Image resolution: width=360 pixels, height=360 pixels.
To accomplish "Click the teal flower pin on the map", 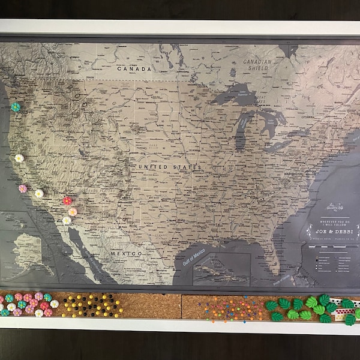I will [16, 107].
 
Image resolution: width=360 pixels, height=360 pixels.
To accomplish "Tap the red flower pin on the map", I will [67, 200].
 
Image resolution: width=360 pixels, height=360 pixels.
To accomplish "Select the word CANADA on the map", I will [134, 69].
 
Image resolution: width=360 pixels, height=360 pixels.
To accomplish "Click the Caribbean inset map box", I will [220, 271].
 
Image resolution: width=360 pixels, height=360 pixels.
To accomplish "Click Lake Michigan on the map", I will [241, 125].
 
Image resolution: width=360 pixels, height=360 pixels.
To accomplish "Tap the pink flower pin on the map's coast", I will [23, 188].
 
